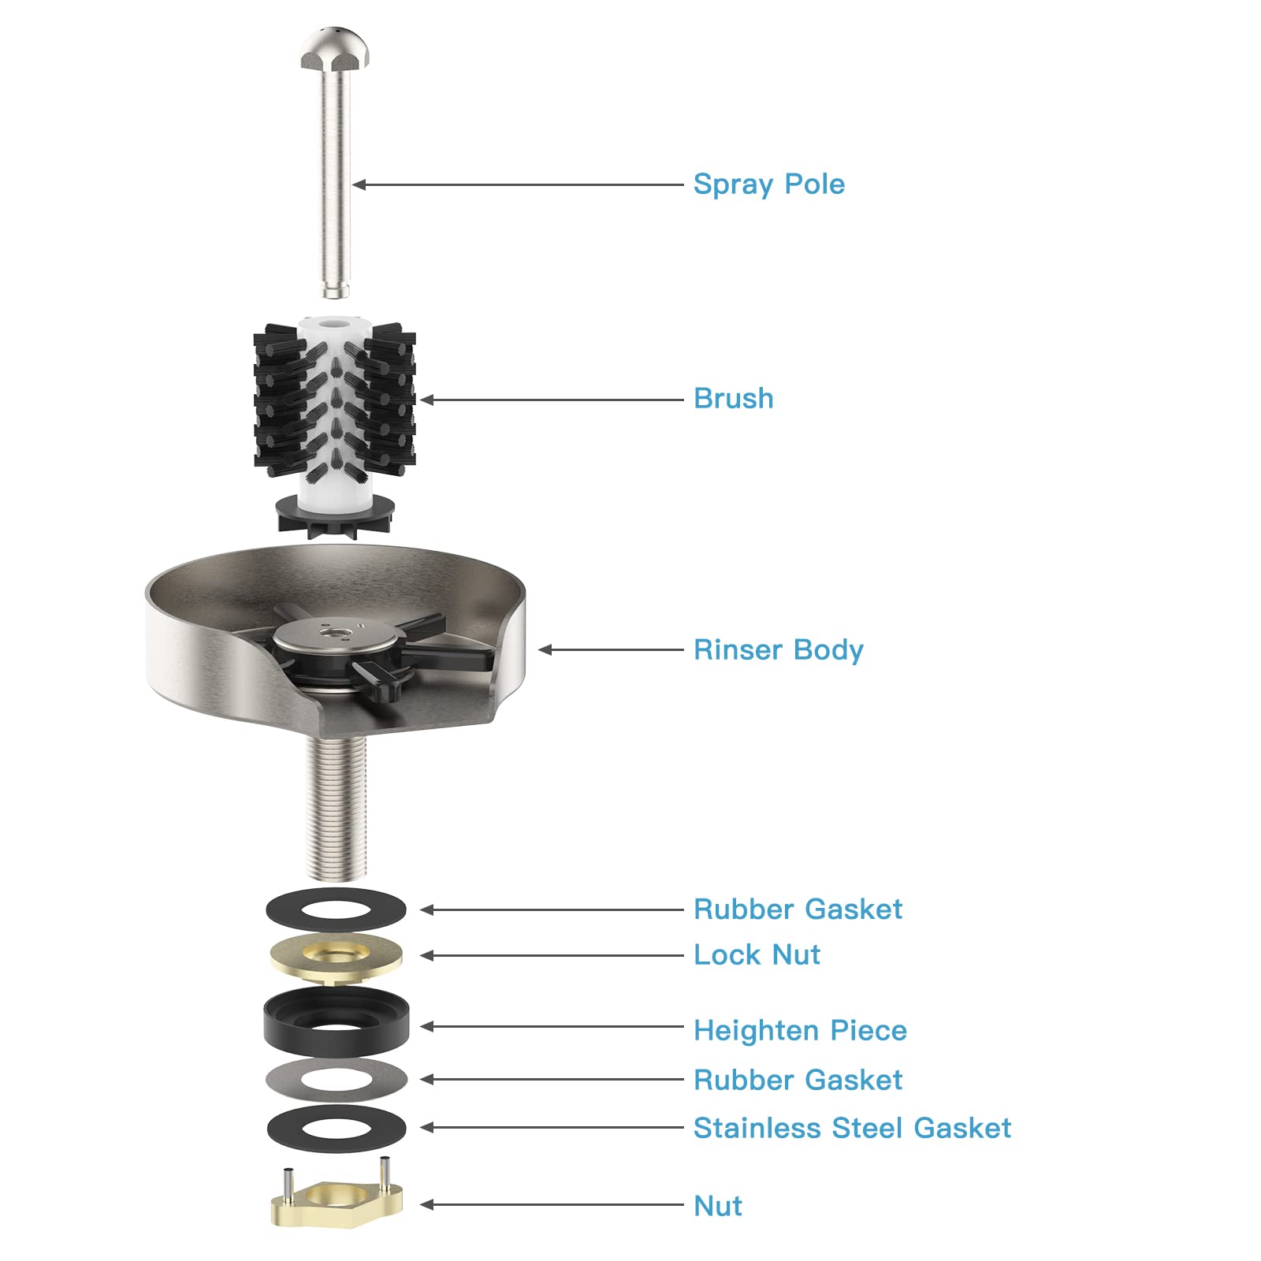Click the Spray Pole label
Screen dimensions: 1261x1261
(x=768, y=185)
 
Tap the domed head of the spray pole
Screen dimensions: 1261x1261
(x=335, y=48)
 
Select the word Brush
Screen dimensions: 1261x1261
(x=733, y=399)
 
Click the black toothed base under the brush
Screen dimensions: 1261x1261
(x=335, y=516)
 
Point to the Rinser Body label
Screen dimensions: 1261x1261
(x=778, y=650)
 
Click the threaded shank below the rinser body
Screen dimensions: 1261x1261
(x=336, y=808)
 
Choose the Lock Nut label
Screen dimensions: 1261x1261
(x=757, y=955)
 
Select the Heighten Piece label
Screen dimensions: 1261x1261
(x=800, y=1031)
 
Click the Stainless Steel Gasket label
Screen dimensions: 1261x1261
(x=852, y=1129)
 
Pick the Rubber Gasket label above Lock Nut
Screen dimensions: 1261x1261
(x=798, y=909)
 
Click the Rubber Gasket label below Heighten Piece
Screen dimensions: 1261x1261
(x=798, y=1081)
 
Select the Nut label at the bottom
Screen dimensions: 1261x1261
(x=718, y=1206)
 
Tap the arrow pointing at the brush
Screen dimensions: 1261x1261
(x=552, y=400)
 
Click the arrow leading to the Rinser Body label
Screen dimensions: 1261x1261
(x=612, y=650)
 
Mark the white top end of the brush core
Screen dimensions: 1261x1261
(x=334, y=323)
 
